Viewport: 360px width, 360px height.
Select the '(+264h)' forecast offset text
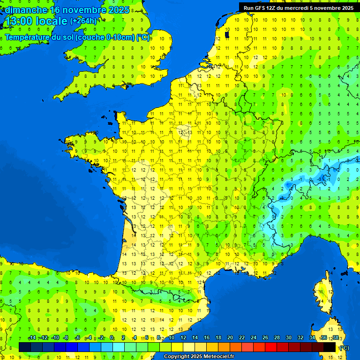83,21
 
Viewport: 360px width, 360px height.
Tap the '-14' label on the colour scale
32,338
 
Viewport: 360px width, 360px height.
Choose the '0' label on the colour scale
112,338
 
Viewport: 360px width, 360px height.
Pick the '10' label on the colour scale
172,338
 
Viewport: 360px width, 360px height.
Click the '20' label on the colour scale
230,338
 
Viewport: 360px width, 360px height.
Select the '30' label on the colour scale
288,338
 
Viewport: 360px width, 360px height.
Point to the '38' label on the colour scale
335,338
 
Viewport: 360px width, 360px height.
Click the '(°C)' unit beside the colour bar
344,347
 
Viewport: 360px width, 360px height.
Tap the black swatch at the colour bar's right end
330,347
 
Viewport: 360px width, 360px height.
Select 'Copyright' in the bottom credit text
177,356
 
